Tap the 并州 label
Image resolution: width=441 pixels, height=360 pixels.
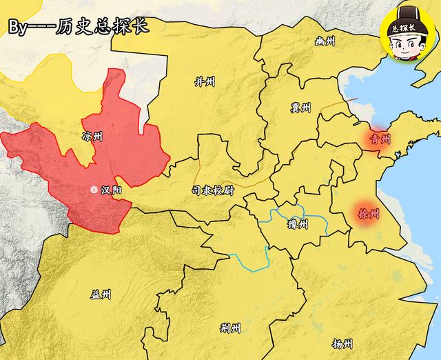tap(205, 82)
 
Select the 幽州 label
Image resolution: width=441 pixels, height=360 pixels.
tap(324, 42)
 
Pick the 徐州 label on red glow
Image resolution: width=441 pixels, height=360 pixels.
tap(369, 214)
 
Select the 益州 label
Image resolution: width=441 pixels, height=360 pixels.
tap(101, 294)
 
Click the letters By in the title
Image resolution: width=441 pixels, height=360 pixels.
tap(19, 28)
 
